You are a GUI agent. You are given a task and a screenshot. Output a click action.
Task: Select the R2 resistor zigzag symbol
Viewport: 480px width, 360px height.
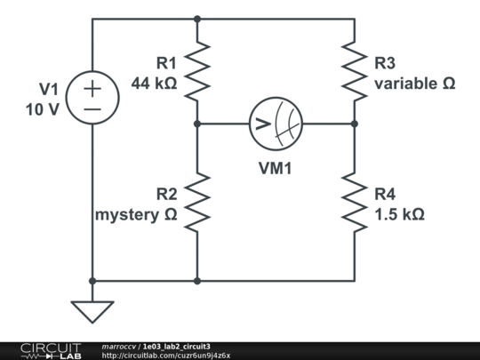click(x=197, y=203)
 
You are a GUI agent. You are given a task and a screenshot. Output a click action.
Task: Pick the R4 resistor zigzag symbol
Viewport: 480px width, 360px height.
click(x=354, y=203)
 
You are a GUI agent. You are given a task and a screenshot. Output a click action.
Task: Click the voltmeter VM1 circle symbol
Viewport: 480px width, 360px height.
click(x=276, y=124)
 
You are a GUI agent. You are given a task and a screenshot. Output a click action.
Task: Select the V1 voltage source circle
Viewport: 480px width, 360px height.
click(x=92, y=99)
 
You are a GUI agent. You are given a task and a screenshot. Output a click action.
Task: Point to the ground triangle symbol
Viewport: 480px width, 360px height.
click(x=92, y=311)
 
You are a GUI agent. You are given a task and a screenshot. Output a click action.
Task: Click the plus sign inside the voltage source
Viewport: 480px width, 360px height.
click(x=92, y=89)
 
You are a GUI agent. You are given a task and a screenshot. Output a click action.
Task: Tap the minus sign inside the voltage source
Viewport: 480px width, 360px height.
click(x=92, y=108)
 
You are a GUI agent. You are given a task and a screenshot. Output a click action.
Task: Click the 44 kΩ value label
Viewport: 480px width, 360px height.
click(x=154, y=84)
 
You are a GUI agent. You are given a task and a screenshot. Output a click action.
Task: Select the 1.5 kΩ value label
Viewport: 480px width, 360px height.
click(x=399, y=214)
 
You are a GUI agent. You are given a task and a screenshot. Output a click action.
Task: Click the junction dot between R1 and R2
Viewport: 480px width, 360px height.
click(x=197, y=124)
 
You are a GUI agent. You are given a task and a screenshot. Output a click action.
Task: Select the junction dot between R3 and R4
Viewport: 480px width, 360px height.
click(x=354, y=124)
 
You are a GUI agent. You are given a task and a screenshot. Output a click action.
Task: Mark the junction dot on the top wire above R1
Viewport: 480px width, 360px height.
click(x=197, y=18)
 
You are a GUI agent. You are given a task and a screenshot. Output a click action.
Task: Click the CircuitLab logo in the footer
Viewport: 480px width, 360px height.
click(x=50, y=350)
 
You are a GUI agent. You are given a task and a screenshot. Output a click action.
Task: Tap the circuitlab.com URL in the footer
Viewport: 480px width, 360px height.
click(x=166, y=356)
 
